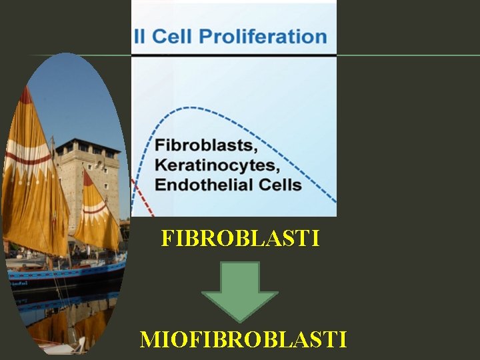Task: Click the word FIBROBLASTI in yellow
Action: pyautogui.click(x=240, y=239)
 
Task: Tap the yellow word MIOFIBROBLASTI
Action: pyautogui.click(x=243, y=339)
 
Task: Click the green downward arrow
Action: pyautogui.click(x=239, y=290)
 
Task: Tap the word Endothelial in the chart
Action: pyautogui.click(x=201, y=183)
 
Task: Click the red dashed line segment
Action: pyautogui.click(x=141, y=197)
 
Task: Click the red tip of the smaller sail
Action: pyautogui.click(x=87, y=177)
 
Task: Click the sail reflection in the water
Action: pyautogui.click(x=53, y=327)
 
